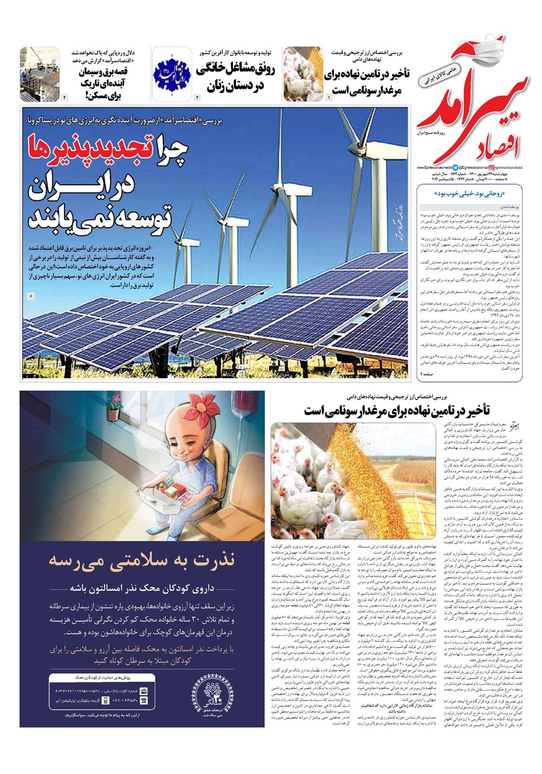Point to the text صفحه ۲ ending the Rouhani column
427,375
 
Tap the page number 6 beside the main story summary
31,296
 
